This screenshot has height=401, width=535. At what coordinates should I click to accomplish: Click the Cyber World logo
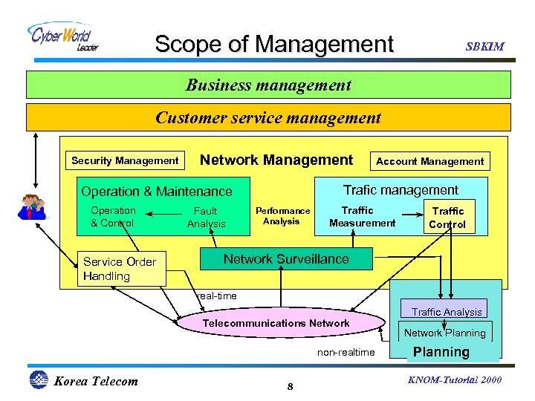(x=63, y=36)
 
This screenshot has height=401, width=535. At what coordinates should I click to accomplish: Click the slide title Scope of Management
(x=273, y=44)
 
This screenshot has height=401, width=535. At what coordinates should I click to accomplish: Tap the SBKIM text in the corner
(x=484, y=46)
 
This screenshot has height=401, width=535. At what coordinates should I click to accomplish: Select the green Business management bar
(x=268, y=85)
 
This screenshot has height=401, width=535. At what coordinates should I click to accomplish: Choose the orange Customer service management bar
(x=268, y=117)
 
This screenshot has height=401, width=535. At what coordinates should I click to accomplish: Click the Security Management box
(x=125, y=160)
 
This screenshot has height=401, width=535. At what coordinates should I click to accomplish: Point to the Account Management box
(x=429, y=160)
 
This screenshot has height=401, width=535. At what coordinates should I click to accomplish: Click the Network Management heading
(x=276, y=160)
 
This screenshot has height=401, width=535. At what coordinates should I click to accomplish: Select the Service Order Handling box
(x=121, y=269)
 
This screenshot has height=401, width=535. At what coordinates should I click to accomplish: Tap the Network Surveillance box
(x=286, y=259)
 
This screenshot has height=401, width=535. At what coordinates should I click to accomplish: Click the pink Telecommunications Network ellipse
(x=276, y=323)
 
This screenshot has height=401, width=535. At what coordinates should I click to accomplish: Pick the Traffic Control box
(x=447, y=217)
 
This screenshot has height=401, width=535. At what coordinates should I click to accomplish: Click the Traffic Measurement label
(x=362, y=217)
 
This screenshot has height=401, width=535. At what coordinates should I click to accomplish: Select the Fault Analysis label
(x=206, y=218)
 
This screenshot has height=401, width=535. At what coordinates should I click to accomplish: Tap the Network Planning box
(x=444, y=333)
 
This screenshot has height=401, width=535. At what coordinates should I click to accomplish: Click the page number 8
(x=291, y=387)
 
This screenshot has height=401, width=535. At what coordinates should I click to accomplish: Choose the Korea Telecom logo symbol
(x=38, y=380)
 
